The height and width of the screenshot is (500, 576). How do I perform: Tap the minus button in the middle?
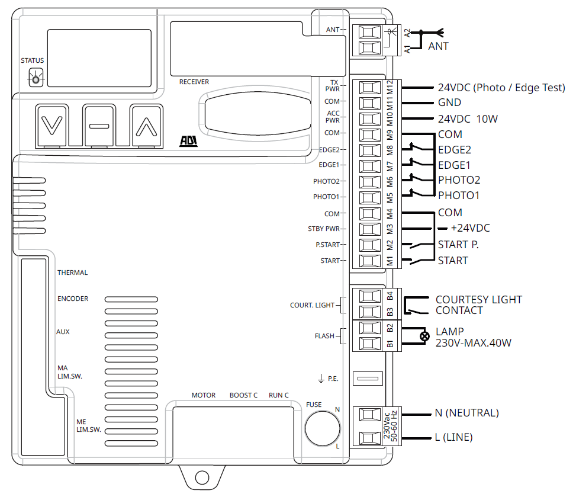point(99,126)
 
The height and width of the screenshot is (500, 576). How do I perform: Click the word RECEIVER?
point(194,82)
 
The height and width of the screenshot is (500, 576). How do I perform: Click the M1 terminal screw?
point(369,260)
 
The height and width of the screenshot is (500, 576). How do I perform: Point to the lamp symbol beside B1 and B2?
point(424,337)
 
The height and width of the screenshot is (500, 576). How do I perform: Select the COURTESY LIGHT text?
point(479,300)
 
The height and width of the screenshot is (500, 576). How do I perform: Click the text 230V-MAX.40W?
point(473,342)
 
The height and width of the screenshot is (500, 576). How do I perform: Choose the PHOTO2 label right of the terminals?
point(459,180)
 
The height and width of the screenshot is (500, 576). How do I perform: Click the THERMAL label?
point(72,273)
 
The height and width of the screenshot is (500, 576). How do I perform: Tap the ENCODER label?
point(73,299)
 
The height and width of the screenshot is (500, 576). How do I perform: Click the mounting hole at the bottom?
point(202,477)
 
